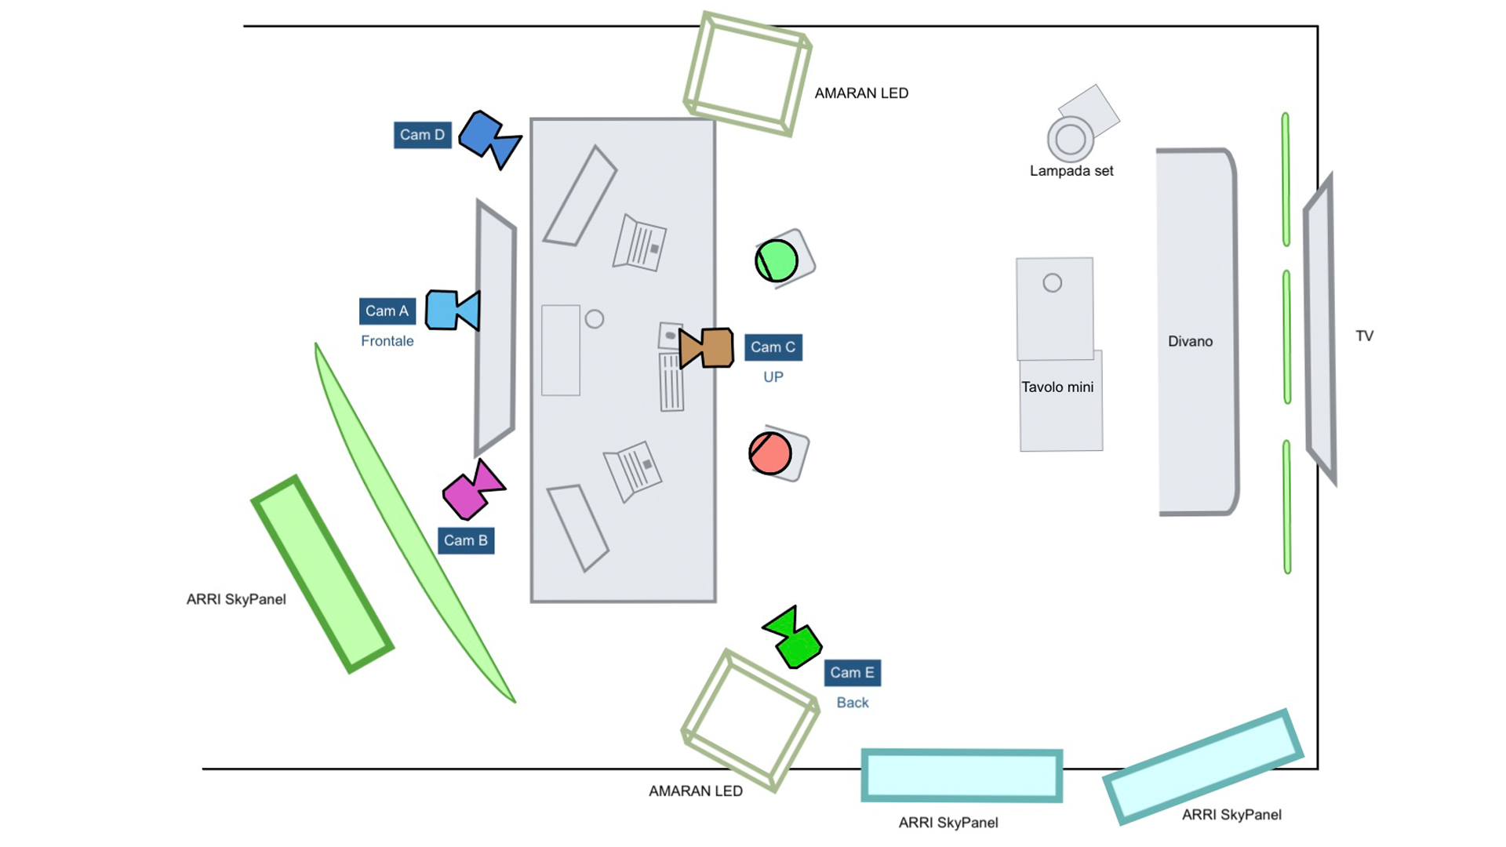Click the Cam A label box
[387, 311]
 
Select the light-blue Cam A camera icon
[452, 310]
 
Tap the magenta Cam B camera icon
[472, 491]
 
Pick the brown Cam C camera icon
[708, 347]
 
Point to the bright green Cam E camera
[794, 638]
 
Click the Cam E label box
[852, 673]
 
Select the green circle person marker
[777, 260]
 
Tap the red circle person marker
[770, 453]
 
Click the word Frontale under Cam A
[387, 341]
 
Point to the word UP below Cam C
[773, 377]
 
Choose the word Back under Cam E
[853, 703]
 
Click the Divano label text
[1190, 341]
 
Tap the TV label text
[1364, 336]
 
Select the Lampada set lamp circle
[1071, 140]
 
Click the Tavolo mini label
[1057, 387]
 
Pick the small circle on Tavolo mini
[1053, 283]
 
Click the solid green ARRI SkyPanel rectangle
[322, 574]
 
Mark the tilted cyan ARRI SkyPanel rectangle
[1203, 766]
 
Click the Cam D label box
[422, 135]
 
